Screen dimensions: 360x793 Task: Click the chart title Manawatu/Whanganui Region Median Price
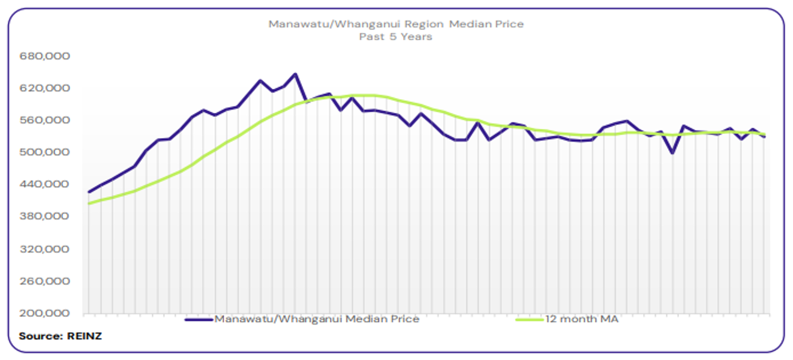pyautogui.click(x=396, y=25)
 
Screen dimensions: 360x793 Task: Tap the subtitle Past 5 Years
pyautogui.click(x=396, y=37)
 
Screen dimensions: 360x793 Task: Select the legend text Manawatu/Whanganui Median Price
pyautogui.click(x=317, y=319)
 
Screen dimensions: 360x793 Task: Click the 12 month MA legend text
pyautogui.click(x=581, y=319)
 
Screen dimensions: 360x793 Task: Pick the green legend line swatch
pyautogui.click(x=530, y=319)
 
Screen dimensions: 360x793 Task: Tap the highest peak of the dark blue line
pyautogui.click(x=295, y=74)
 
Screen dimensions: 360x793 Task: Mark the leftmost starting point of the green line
pyautogui.click(x=89, y=203)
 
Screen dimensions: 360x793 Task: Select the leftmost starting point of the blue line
pyautogui.click(x=89, y=192)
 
